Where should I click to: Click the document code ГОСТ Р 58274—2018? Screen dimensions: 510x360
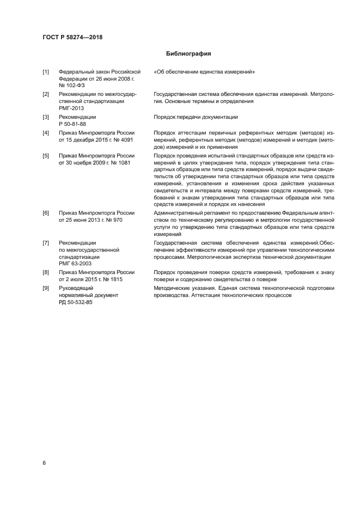[72, 38]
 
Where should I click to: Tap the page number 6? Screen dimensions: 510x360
[44, 463]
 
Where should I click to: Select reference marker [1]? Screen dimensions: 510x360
[46, 71]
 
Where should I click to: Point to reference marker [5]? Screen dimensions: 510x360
[46, 155]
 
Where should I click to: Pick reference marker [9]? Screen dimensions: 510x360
[46, 287]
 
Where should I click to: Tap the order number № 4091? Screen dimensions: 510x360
[123, 139]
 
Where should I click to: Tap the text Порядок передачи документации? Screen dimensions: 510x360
[196, 117]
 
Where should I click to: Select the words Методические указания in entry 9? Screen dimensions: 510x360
[182, 287]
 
